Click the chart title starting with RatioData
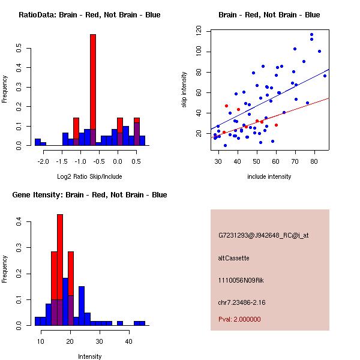click(x=89, y=15)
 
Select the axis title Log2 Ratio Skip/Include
click(x=89, y=176)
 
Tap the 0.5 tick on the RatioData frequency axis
click(x=20, y=48)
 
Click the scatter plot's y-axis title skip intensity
click(x=184, y=87)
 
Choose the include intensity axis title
click(x=269, y=176)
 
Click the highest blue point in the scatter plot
click(x=311, y=35)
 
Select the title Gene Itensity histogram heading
click(x=89, y=195)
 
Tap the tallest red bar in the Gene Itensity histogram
click(x=60, y=252)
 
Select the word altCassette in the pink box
click(x=233, y=258)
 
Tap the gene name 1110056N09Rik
click(x=242, y=280)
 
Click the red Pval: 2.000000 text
click(x=239, y=320)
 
